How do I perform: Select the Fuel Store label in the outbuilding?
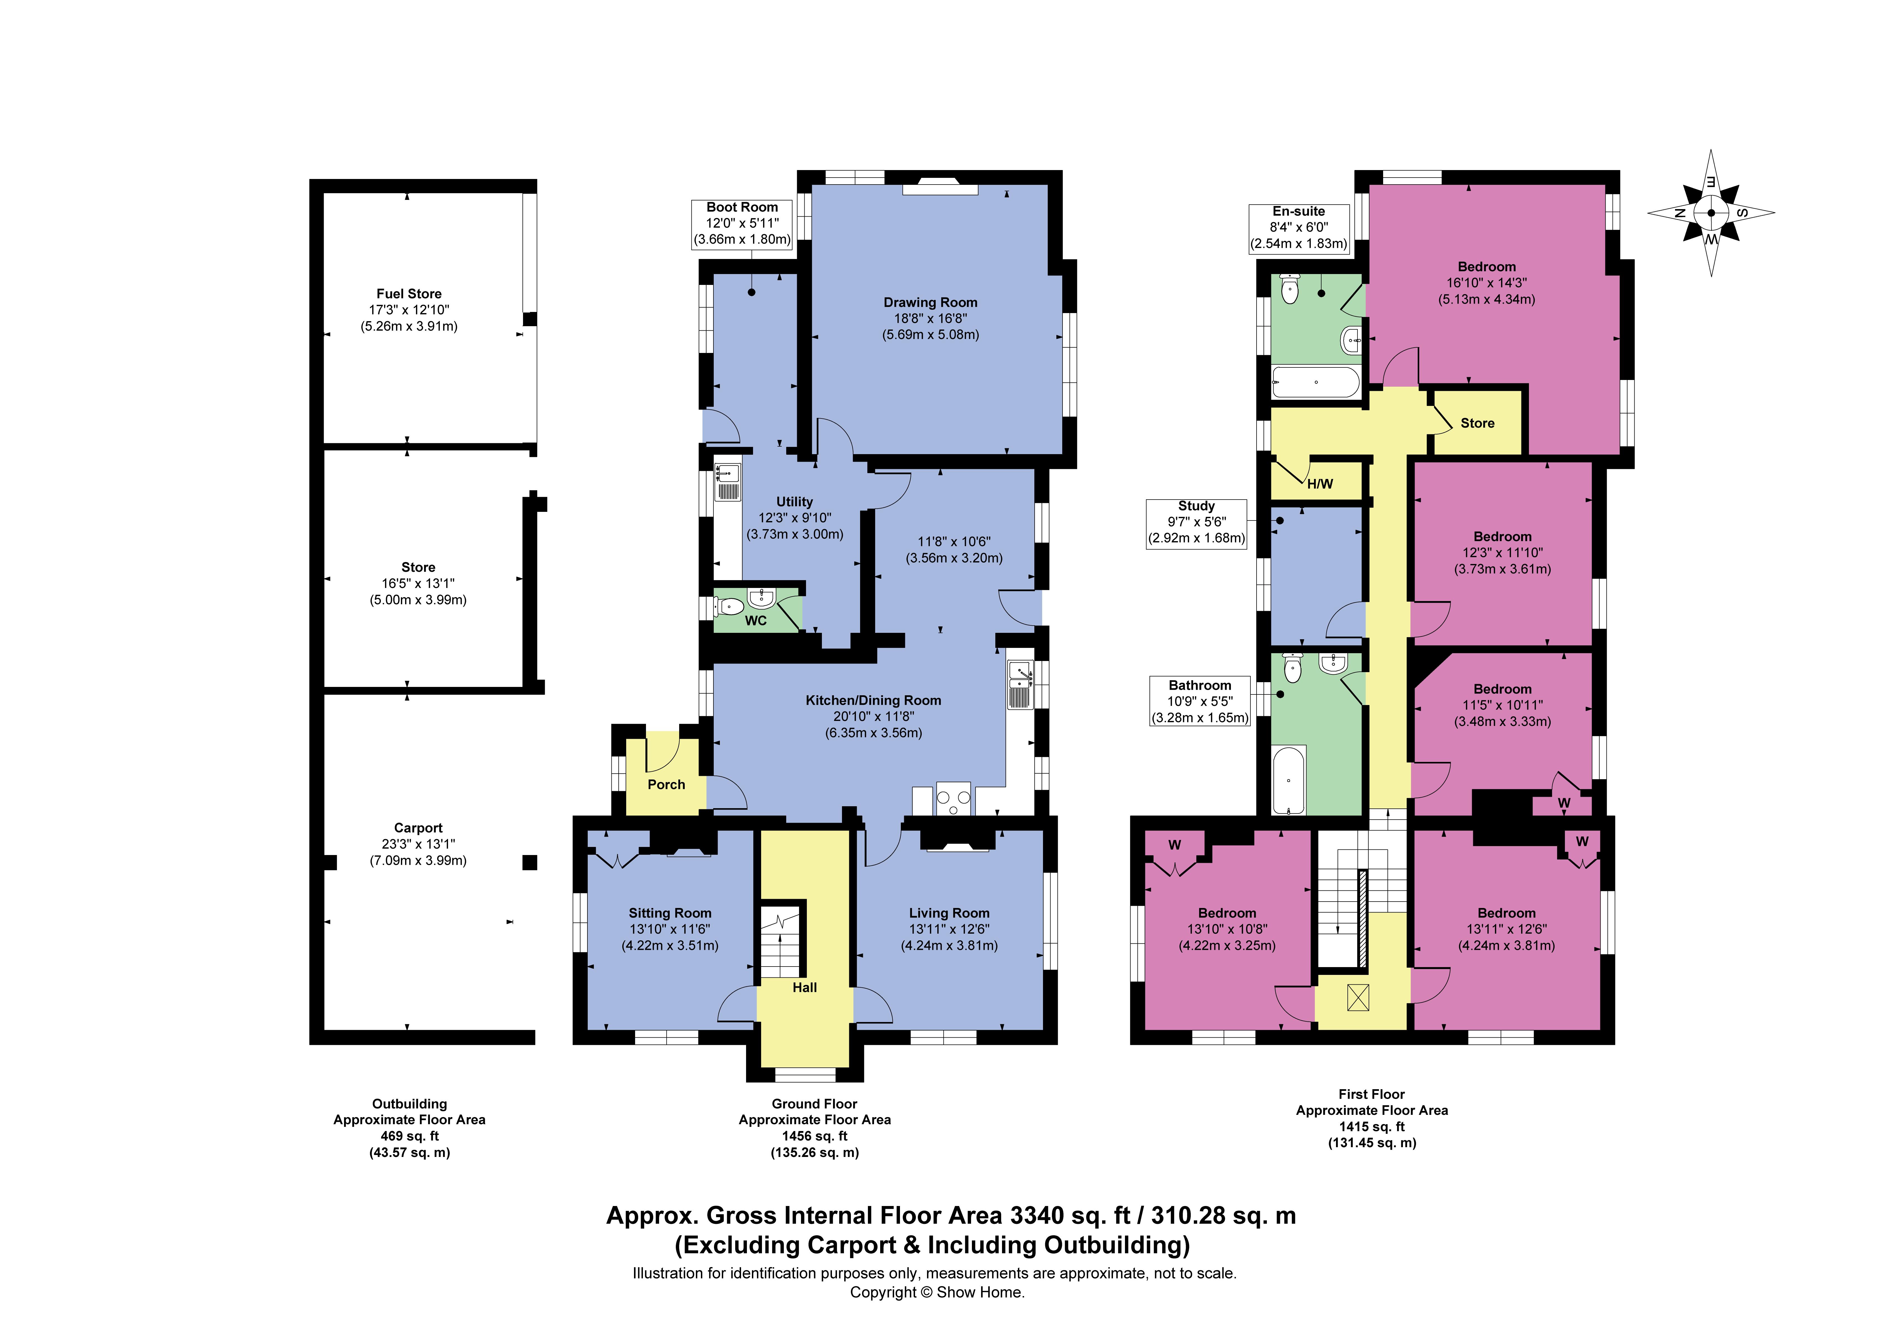409,294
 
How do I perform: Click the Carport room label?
418,828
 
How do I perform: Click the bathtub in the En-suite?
1315,382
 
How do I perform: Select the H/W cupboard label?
1319,483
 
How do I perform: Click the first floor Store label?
1477,423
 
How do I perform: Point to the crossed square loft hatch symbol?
1358,997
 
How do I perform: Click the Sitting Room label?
670,913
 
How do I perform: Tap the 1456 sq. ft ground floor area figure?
815,1135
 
